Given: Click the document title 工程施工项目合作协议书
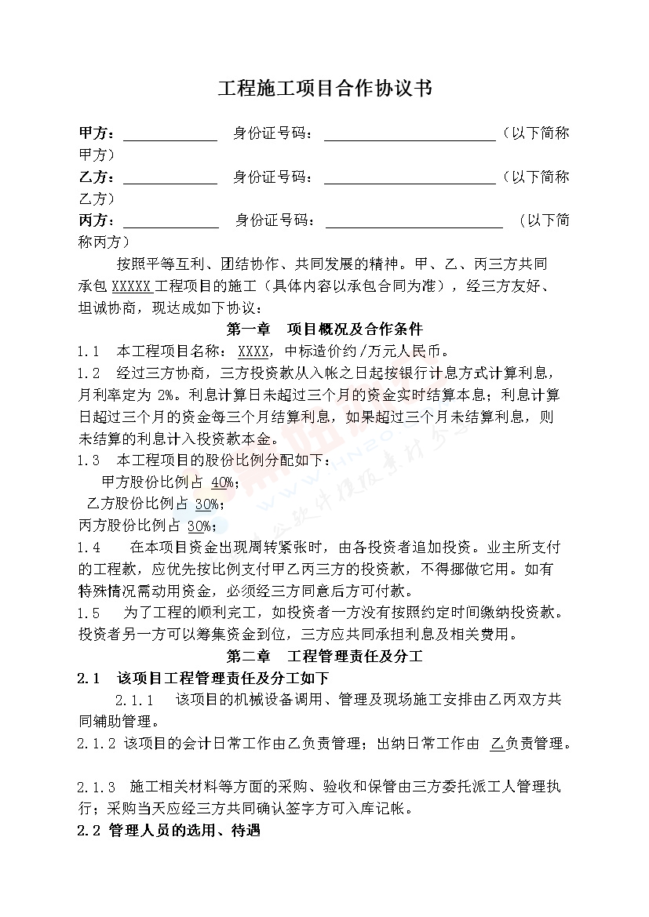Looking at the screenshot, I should tap(324, 89).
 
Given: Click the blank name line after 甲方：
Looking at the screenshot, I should tap(170, 134).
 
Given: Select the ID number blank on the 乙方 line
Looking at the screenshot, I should tap(409, 178).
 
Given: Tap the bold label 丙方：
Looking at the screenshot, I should tap(97, 221).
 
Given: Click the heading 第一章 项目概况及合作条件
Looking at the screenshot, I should tap(324, 328).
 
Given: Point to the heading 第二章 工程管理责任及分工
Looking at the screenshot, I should tap(324, 656).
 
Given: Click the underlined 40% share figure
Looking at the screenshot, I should tap(222, 482).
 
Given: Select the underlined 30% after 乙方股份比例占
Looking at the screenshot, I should tap(206, 503).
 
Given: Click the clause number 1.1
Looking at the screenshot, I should tap(88, 350).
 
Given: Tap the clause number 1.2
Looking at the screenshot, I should tap(88, 372).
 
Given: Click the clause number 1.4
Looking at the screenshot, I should tap(88, 547).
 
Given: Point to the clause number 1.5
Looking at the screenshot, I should tap(88, 612).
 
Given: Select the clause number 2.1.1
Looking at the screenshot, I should tap(134, 700).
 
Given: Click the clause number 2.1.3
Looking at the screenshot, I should tap(97, 787).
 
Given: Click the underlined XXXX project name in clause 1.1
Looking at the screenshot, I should tap(254, 350).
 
